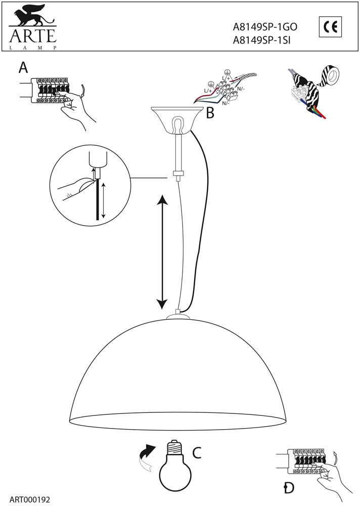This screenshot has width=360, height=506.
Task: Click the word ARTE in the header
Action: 33,36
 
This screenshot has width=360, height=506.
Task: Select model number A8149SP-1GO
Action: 265,27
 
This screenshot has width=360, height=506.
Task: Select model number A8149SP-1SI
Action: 261,39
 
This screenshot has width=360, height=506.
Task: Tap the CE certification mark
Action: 330,27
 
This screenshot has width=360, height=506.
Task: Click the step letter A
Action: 23,68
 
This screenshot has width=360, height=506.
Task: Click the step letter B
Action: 210,113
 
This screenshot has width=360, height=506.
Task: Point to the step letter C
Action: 197,452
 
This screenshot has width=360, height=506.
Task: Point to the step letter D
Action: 289,487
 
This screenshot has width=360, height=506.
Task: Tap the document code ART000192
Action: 30,500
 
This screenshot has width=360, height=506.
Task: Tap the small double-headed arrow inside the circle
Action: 103,200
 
